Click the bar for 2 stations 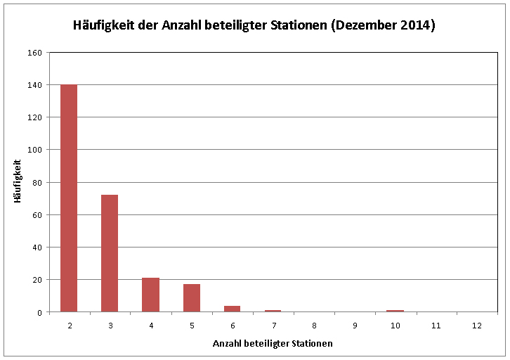click(69, 198)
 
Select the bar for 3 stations click(110, 253)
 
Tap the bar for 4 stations click(150, 295)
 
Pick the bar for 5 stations click(192, 298)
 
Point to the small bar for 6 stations click(233, 309)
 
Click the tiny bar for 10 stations click(395, 311)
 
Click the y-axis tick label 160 click(35, 53)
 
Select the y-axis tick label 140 click(35, 85)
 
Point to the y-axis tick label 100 click(35, 150)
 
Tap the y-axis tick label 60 click(37, 215)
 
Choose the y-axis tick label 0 click(39, 313)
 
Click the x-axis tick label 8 click(314, 326)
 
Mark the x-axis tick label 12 click(477, 326)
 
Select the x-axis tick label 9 click(355, 326)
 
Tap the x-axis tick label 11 click(436, 326)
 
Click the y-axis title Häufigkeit click(18, 181)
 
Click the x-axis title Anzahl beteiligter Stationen click(273, 344)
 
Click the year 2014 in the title click(415, 25)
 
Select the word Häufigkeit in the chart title click(104, 25)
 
